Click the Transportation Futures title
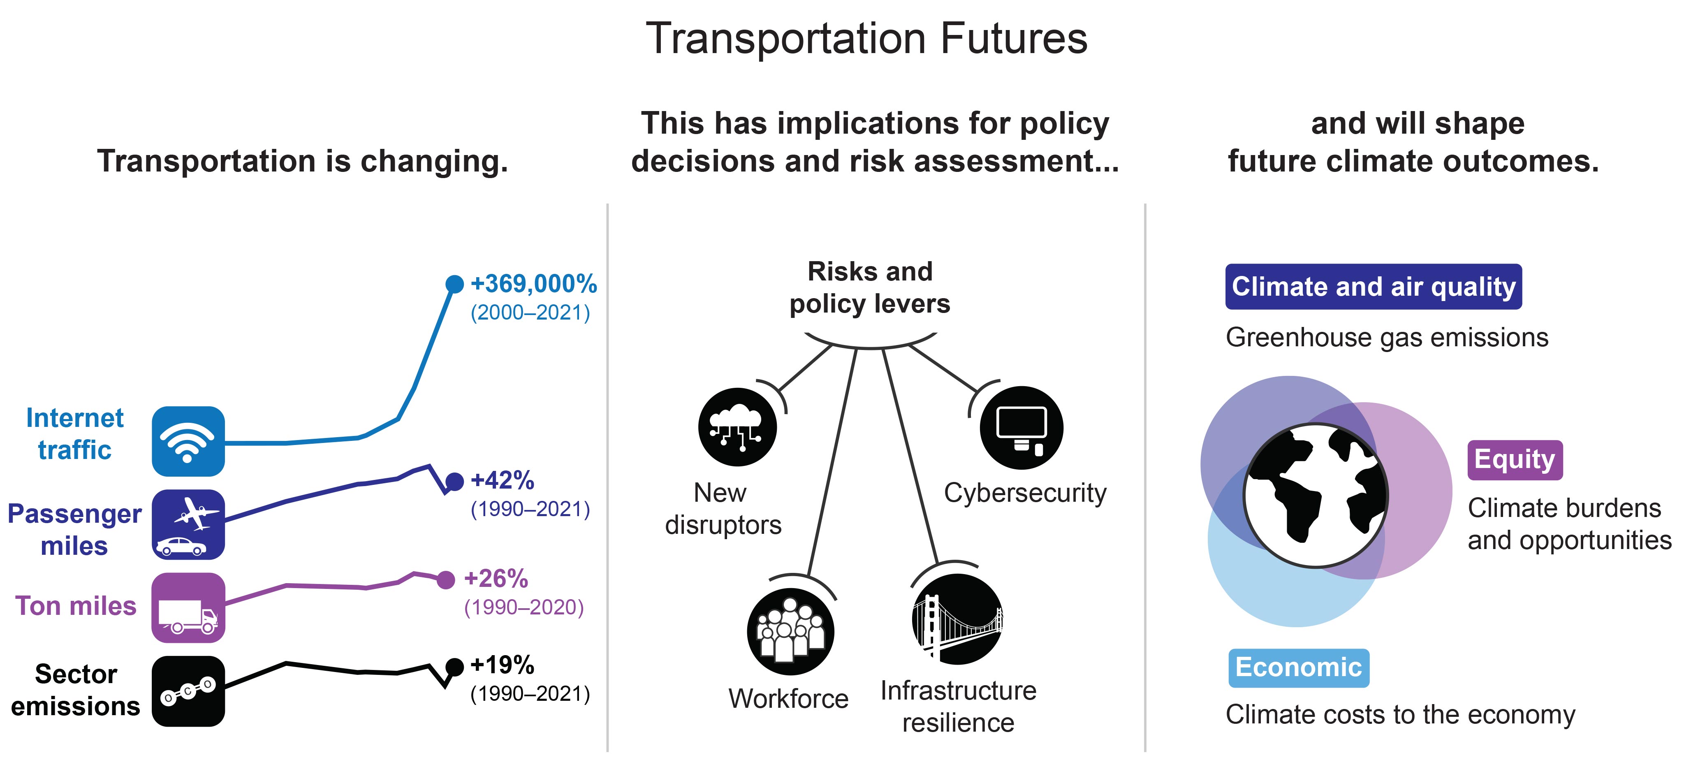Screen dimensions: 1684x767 [x=867, y=38]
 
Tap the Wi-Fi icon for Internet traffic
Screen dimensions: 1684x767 [x=188, y=441]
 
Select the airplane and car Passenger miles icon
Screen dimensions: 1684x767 [x=188, y=524]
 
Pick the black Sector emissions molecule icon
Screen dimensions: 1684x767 [x=188, y=691]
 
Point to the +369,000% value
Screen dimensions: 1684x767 [x=533, y=284]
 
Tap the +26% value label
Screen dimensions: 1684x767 [x=496, y=578]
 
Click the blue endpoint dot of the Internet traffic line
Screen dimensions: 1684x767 [x=454, y=284]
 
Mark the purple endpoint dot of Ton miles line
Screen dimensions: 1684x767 [x=446, y=579]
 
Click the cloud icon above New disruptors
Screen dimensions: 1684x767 [x=737, y=427]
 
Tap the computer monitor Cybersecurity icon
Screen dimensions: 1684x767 [x=1021, y=428]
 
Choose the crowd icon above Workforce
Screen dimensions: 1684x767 [x=791, y=632]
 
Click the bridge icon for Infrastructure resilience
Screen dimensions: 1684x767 [x=957, y=619]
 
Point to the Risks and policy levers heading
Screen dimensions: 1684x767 [x=870, y=288]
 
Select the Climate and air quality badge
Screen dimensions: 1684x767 [x=1374, y=286]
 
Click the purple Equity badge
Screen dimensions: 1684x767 [x=1515, y=460]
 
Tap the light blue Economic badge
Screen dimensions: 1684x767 [x=1298, y=667]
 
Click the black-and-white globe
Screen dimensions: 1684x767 [x=1315, y=496]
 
